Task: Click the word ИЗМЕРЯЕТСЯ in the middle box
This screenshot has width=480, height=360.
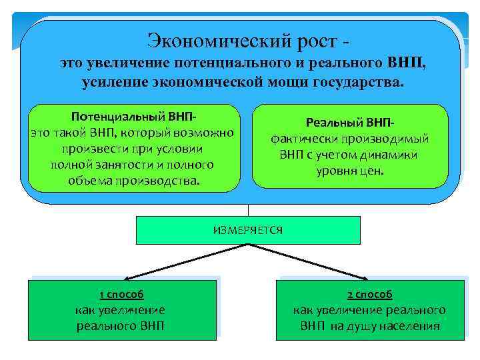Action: tap(248, 230)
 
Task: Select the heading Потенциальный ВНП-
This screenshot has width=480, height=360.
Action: tap(131, 117)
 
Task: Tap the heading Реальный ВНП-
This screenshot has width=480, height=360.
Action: tap(349, 123)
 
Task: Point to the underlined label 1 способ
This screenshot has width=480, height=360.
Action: tap(121, 294)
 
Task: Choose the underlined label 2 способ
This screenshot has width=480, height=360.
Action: tap(369, 294)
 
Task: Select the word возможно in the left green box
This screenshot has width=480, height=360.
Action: tap(206, 133)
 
